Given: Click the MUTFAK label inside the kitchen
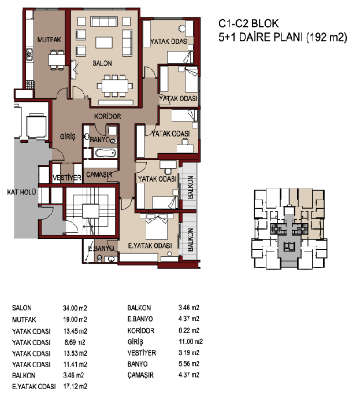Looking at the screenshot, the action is (x=49, y=40).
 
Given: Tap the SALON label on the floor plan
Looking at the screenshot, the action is (x=102, y=63).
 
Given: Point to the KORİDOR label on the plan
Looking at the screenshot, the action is (x=107, y=116).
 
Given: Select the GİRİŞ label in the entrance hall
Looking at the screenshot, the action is (x=68, y=136).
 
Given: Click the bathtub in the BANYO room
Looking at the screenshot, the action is (x=106, y=153).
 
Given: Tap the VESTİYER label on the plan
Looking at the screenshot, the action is (x=67, y=178).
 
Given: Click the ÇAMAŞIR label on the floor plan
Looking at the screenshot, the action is (x=99, y=175).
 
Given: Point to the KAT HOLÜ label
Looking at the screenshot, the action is (x=21, y=192).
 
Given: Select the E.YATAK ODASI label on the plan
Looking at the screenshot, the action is (x=150, y=246).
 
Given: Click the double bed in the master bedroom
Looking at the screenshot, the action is (x=157, y=227).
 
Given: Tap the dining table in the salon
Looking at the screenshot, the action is (x=114, y=86).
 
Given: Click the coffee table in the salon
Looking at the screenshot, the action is (x=104, y=42).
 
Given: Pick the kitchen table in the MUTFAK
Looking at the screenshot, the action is (x=57, y=60).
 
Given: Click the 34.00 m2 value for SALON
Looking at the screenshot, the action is (x=75, y=308).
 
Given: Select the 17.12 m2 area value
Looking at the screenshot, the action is (x=75, y=386).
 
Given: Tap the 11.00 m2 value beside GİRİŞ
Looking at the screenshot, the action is (x=191, y=342).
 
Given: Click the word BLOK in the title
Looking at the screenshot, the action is (x=265, y=24).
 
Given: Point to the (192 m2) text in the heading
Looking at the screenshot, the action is (x=326, y=38).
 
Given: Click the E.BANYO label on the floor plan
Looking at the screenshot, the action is (x=101, y=248).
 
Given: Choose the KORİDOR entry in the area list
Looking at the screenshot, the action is (x=141, y=331).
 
